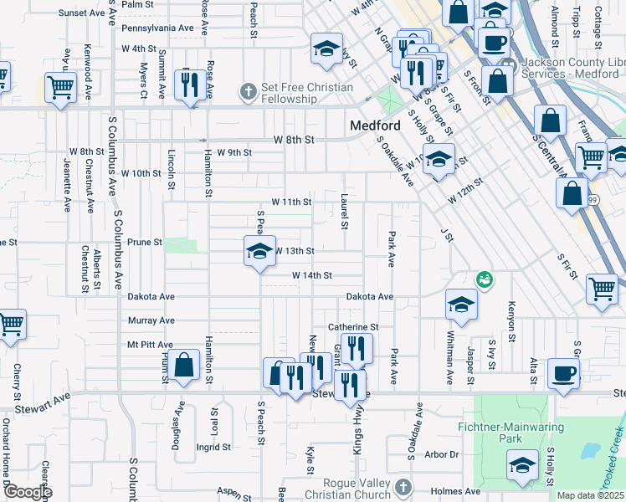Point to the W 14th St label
tap(312, 275)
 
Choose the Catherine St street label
tap(353, 327)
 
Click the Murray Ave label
tap(151, 320)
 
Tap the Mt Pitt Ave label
tap(150, 345)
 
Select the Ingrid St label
tap(207, 447)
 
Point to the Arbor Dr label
tap(443, 454)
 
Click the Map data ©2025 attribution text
tap(591, 495)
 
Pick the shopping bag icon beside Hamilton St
tap(185, 365)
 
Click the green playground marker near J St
tap(483, 279)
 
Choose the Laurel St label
tap(344, 213)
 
